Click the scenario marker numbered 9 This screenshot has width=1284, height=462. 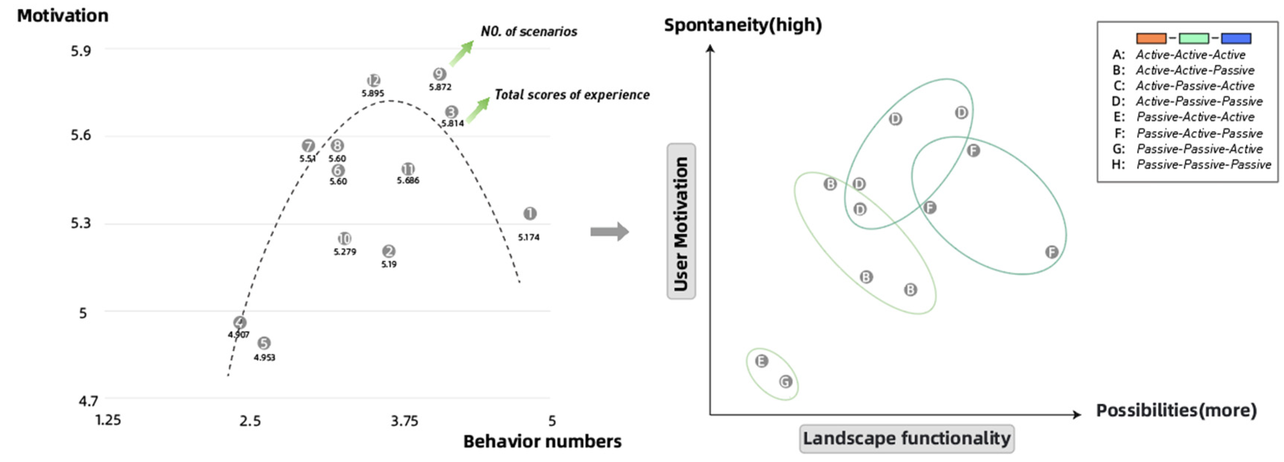click(439, 74)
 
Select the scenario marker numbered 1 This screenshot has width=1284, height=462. click(530, 214)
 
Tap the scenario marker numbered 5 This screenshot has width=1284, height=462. click(264, 343)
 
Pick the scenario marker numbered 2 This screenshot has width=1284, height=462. click(389, 251)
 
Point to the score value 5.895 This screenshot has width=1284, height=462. click(373, 93)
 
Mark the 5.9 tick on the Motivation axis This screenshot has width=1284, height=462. click(81, 51)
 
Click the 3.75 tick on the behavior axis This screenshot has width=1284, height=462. click(404, 422)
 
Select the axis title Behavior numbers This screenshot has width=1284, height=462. click(542, 442)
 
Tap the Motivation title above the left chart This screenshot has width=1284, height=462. click(63, 16)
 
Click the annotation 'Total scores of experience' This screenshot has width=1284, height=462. click(572, 95)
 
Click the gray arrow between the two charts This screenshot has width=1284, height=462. click(609, 231)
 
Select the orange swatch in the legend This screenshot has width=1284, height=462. click(1151, 38)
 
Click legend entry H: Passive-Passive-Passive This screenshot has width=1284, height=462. click(1191, 165)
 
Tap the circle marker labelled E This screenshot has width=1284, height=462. click(761, 361)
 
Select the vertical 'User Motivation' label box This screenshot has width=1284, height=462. click(681, 221)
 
